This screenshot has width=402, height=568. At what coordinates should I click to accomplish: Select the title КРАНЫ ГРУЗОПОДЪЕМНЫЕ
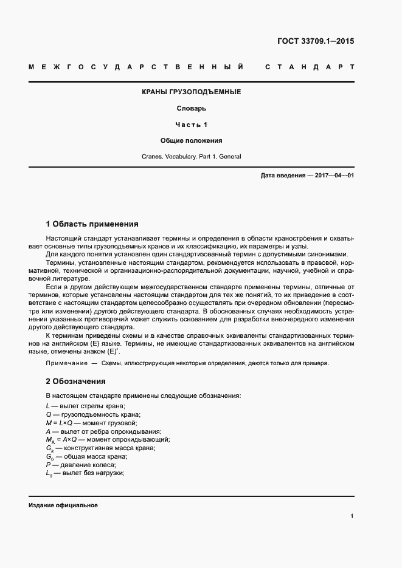click(192, 92)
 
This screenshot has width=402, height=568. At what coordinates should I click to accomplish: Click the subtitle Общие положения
click(192, 140)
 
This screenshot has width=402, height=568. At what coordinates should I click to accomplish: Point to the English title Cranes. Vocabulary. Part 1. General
click(192, 156)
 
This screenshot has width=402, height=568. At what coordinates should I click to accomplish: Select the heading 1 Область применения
click(92, 224)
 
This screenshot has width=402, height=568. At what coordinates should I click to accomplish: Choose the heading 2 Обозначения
click(76, 382)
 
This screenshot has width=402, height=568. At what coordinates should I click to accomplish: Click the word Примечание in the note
click(66, 363)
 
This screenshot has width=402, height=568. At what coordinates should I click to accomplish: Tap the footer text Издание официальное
click(63, 505)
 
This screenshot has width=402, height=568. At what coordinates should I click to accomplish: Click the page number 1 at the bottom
click(352, 516)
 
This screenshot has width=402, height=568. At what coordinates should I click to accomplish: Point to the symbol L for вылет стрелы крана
click(48, 406)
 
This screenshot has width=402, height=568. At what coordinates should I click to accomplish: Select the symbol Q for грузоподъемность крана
click(49, 414)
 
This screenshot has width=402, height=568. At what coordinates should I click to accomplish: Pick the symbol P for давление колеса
click(48, 465)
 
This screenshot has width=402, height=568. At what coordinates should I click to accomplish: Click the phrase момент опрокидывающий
click(128, 439)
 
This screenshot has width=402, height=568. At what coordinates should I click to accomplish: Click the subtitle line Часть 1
click(192, 125)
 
